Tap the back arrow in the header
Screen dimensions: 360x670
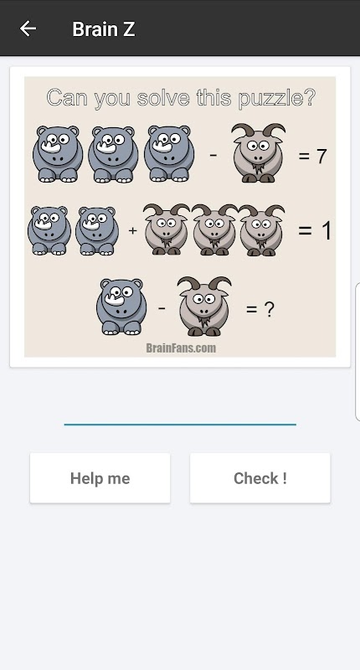28,29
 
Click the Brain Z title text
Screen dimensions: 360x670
104,29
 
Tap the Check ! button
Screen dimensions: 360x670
260,478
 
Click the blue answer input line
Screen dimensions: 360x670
180,425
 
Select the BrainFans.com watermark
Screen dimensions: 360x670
181,348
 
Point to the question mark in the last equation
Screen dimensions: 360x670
269,308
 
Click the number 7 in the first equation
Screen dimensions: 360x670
321,157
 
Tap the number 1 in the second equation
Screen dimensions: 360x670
327,231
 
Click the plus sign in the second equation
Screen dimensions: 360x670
133,231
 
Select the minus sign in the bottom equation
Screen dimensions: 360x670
162,307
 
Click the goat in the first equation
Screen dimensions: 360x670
258,153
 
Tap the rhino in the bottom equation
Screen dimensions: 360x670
121,307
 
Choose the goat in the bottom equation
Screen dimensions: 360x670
204,306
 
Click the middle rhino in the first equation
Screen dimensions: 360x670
113,154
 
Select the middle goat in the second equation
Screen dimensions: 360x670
214,229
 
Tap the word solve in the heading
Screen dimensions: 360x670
163,98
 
